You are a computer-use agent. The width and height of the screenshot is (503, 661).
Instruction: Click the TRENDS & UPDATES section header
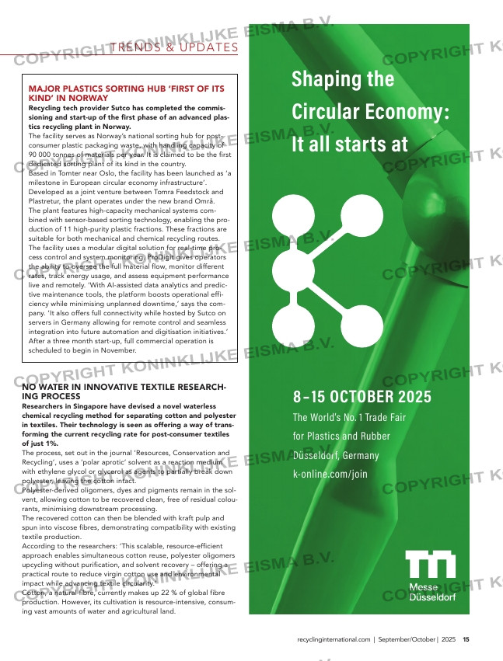(174, 48)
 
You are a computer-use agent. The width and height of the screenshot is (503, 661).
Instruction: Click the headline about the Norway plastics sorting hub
(126, 94)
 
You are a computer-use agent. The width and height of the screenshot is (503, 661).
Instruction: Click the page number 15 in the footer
(466, 639)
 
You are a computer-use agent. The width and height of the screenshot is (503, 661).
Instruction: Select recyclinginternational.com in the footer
(334, 639)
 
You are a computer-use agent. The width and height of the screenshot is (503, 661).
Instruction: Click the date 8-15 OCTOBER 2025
(362, 397)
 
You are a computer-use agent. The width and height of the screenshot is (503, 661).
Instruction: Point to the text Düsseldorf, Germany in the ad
(336, 455)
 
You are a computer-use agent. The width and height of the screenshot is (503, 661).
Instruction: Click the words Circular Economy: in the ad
(370, 112)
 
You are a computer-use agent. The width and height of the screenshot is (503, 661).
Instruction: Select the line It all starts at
(349, 144)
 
